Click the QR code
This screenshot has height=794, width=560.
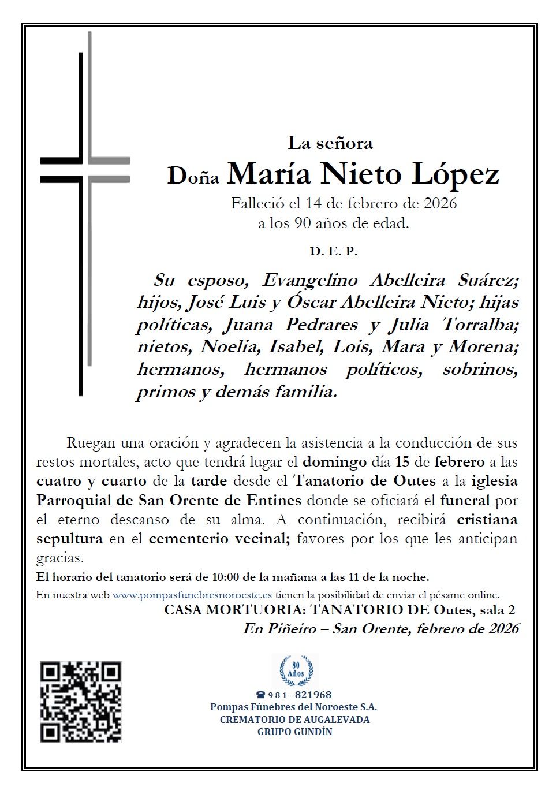pos(81,702)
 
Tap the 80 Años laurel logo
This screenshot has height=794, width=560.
pos(296,670)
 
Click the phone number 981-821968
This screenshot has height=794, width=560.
pos(299,695)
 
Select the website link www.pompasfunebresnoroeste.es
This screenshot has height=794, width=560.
pos(192,595)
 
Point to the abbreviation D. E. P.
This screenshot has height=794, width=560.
pos(334,251)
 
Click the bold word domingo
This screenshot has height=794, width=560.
pos(334,462)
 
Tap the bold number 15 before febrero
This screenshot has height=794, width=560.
pos(402,462)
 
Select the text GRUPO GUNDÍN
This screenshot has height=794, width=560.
pos(294,732)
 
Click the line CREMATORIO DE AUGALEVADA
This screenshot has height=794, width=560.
pos(294,720)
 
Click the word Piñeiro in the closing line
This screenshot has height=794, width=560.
pos(289,629)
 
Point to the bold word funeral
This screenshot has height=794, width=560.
pos(465,501)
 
